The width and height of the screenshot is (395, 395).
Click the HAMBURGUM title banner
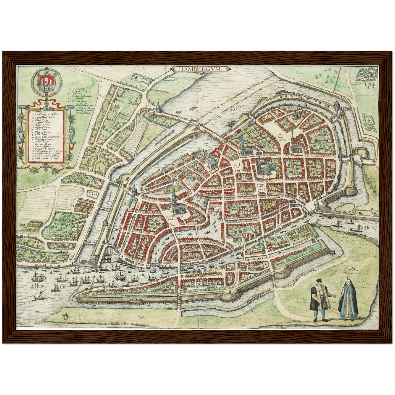click(x=199, y=69)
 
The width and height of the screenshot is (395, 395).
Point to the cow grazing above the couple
click(x=351, y=270)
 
